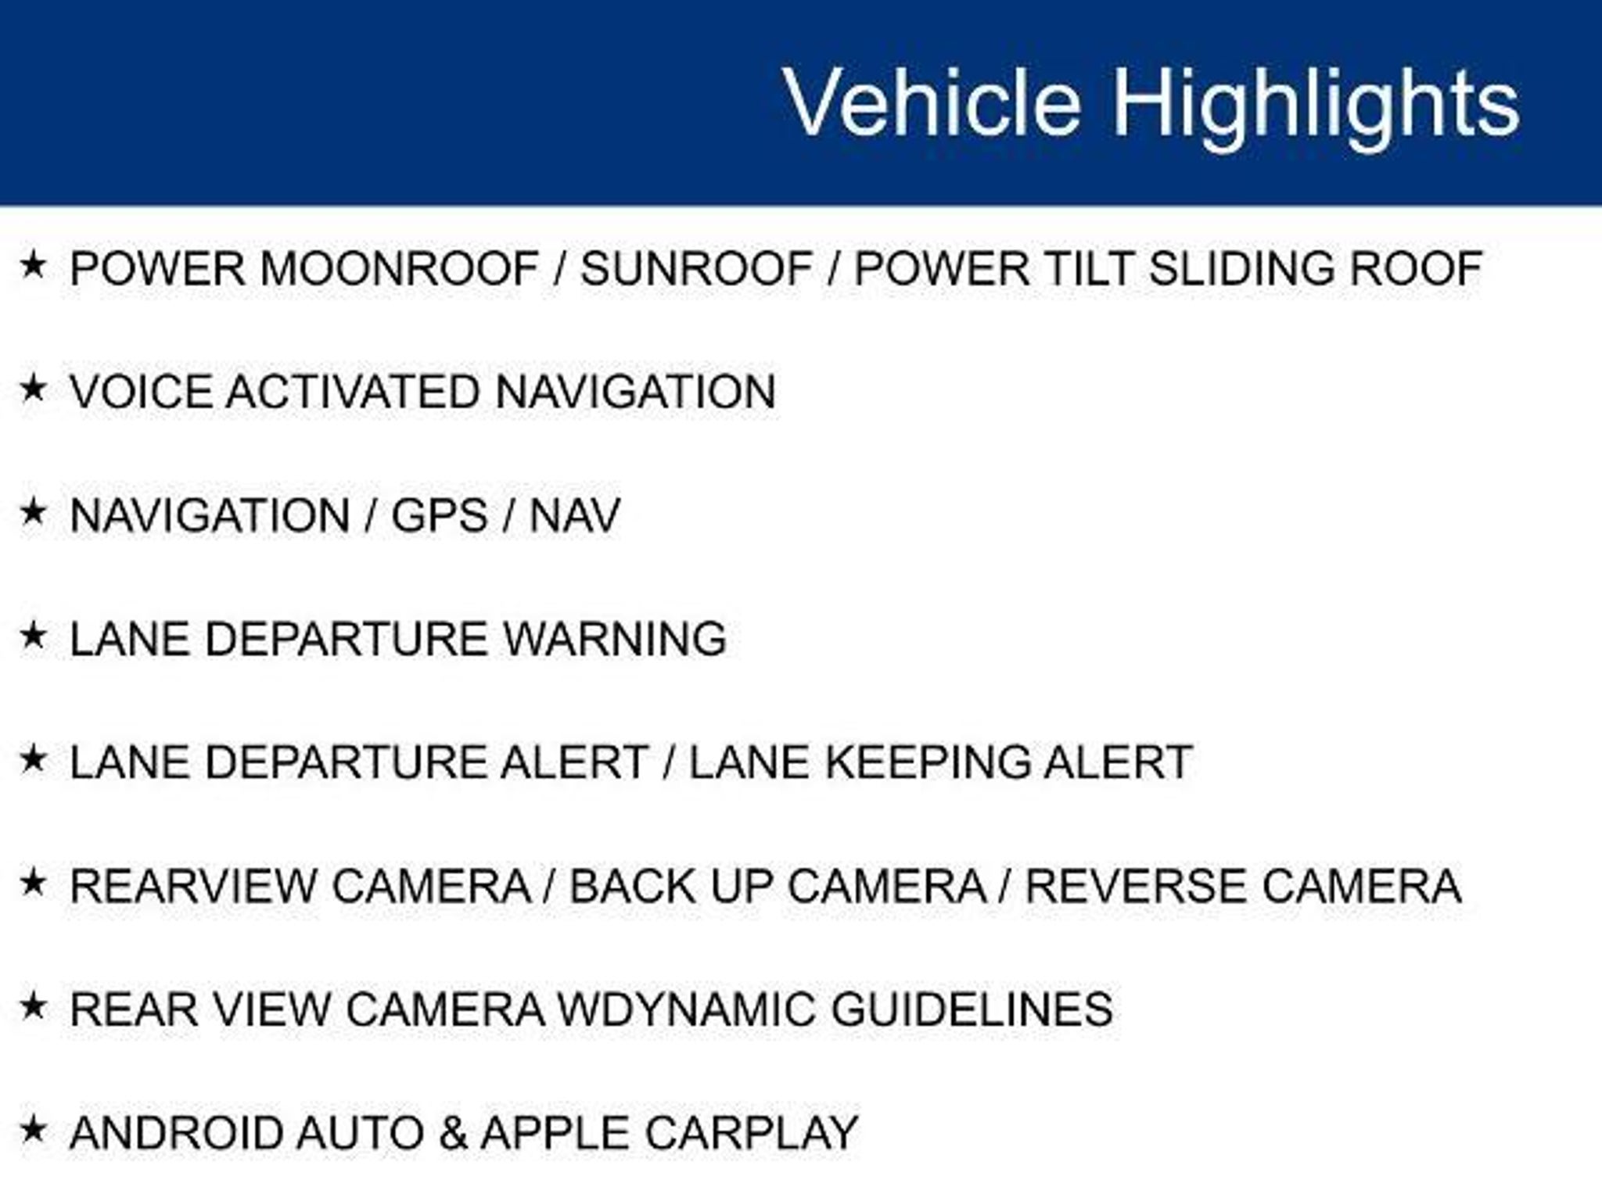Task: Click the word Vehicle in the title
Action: click(932, 102)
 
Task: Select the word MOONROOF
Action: click(400, 268)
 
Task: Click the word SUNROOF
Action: click(697, 268)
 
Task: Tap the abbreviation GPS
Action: click(440, 515)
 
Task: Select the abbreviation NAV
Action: click(575, 515)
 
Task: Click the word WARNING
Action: click(615, 638)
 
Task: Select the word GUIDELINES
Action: click(972, 1009)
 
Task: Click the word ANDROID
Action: click(176, 1132)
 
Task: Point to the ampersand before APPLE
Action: click(452, 1132)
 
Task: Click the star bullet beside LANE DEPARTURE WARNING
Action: click(33, 636)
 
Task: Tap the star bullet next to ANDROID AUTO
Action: click(33, 1129)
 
